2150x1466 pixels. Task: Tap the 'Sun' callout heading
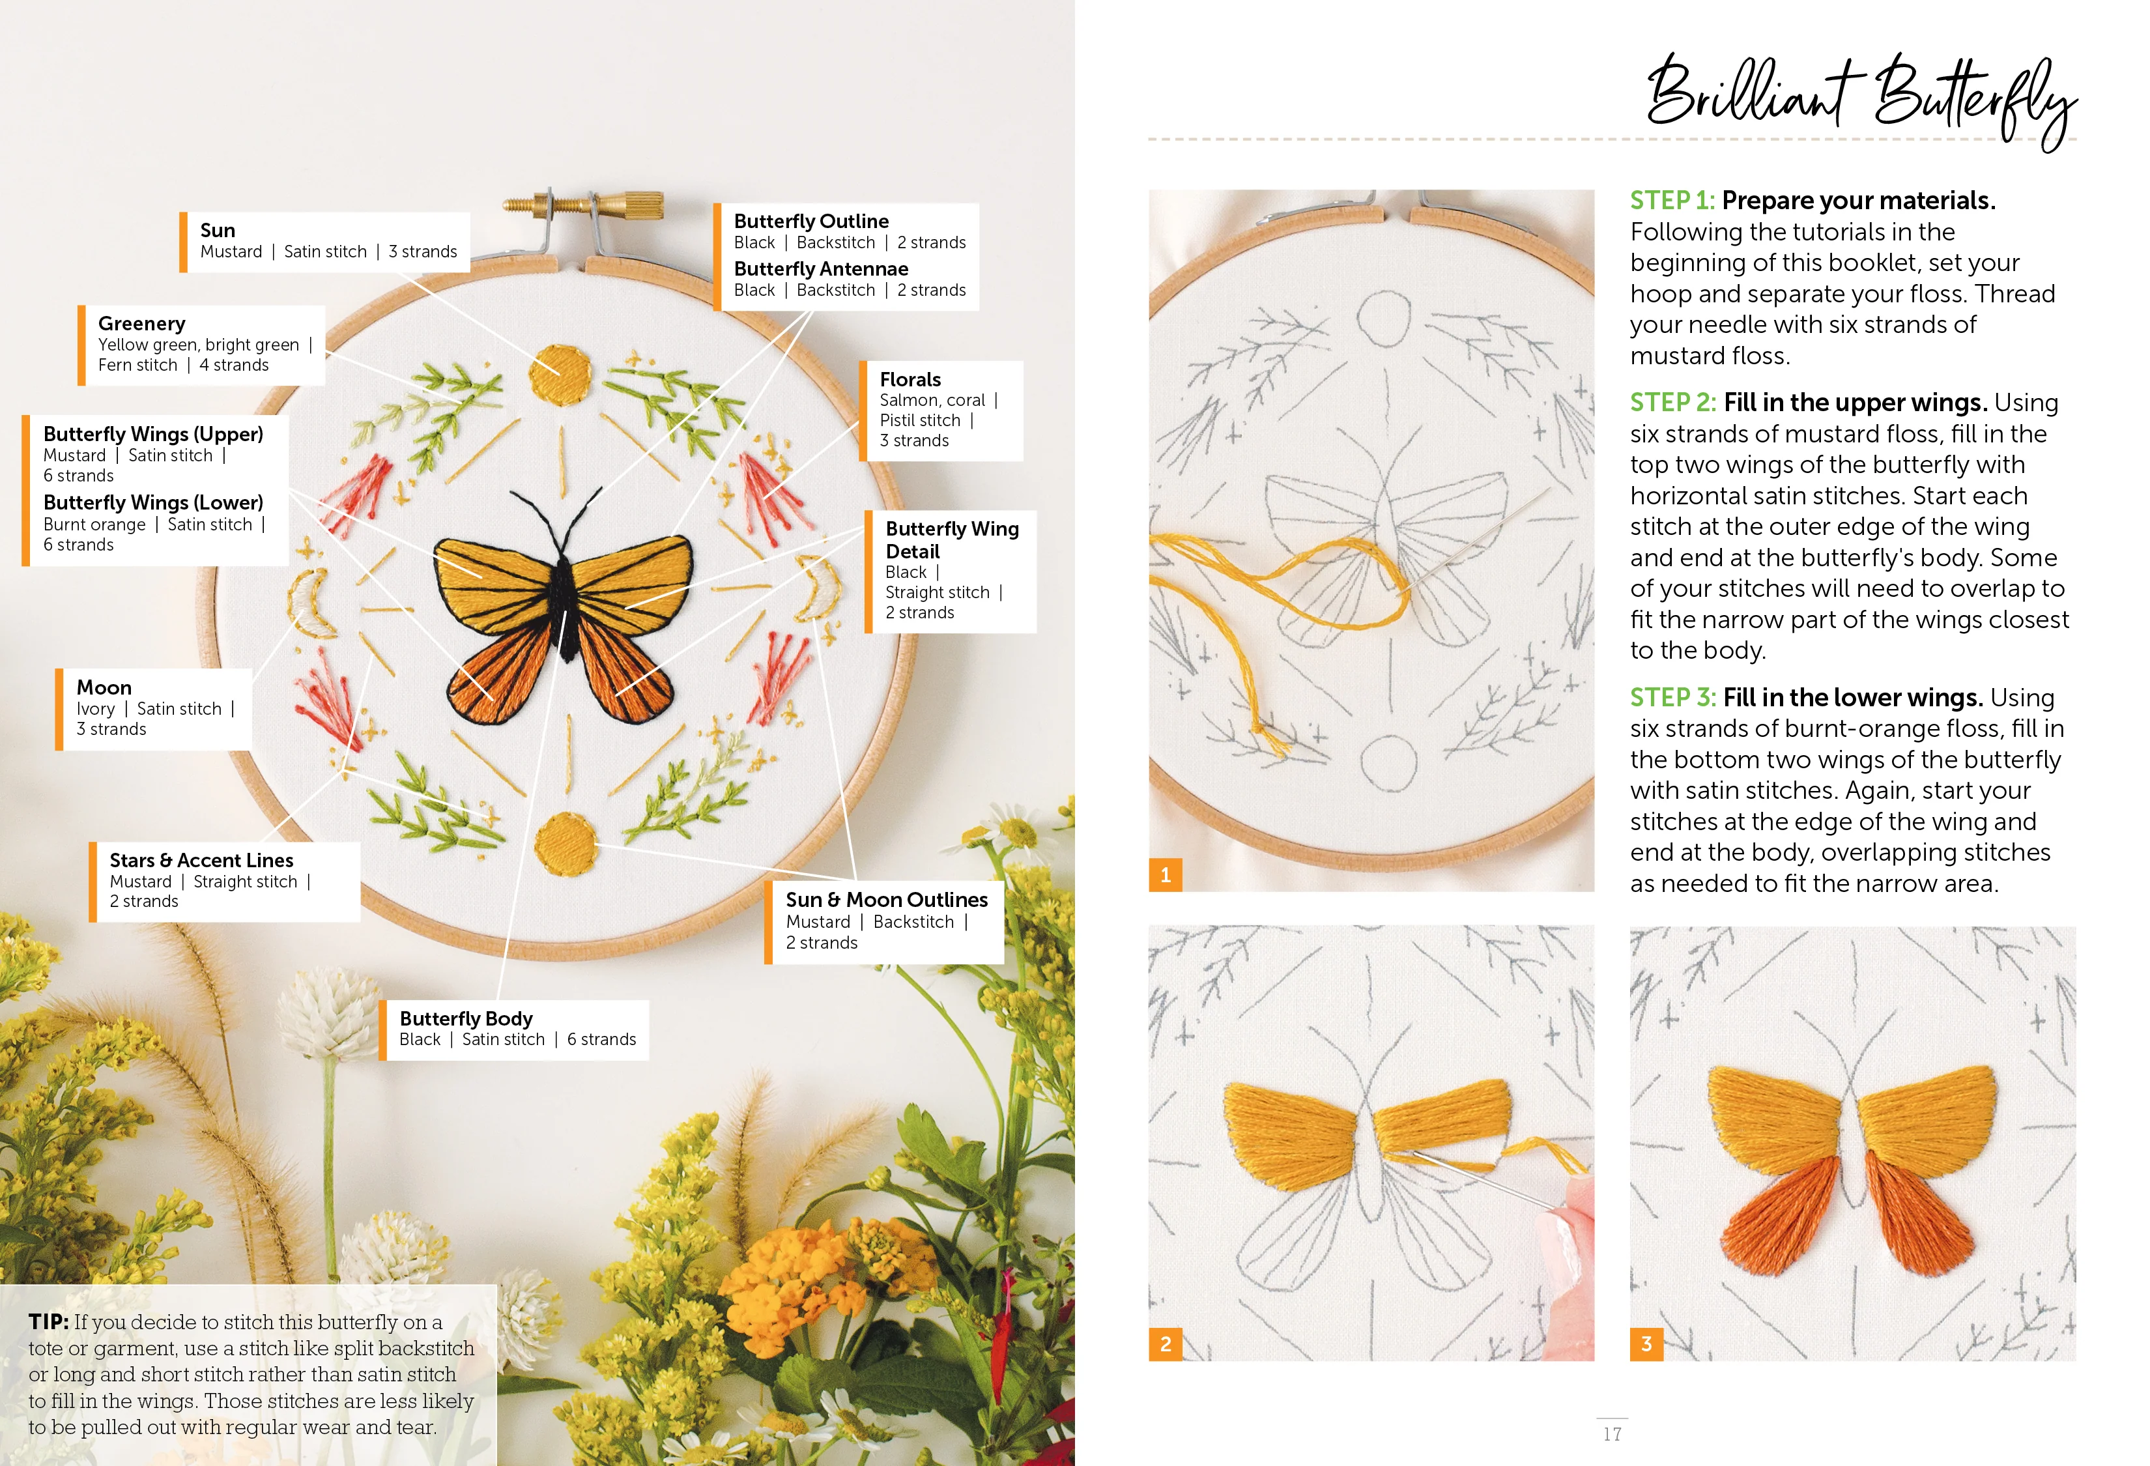click(x=218, y=230)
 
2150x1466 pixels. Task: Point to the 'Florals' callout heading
click(x=910, y=379)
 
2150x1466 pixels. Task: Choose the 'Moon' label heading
click(x=104, y=687)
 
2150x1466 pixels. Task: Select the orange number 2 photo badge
click(x=1166, y=1344)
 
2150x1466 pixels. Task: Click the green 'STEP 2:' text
click(x=1672, y=403)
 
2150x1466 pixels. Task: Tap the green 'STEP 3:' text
click(x=1672, y=697)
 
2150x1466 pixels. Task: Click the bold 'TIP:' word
click(x=48, y=1322)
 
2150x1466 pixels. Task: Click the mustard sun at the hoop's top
click(x=560, y=375)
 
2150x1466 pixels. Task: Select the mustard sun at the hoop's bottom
click(x=566, y=844)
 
